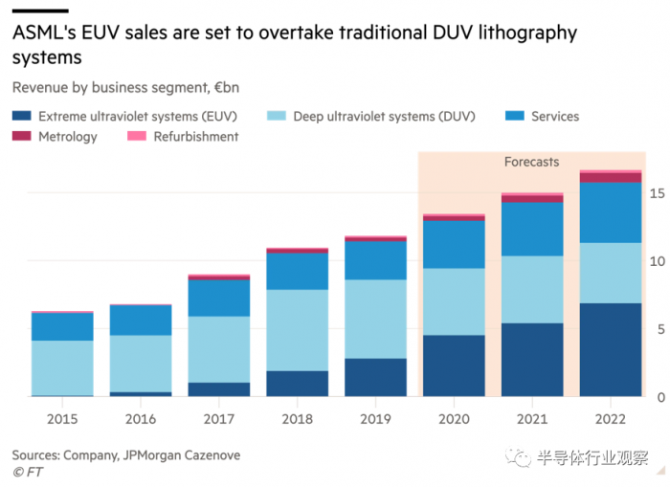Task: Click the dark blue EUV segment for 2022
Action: pos(610,349)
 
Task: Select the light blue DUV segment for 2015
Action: pos(62,367)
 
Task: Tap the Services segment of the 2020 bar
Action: pos(454,244)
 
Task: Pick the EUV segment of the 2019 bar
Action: pos(375,377)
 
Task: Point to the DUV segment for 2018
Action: pos(297,330)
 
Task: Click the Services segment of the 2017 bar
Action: pos(218,298)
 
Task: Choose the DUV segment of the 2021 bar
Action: pos(532,289)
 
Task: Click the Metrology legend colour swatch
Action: pos(21,137)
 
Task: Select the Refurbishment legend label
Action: pos(196,137)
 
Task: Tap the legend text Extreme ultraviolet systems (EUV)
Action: pos(138,117)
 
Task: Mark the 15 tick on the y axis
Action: pos(656,193)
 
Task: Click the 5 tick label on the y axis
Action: pos(656,329)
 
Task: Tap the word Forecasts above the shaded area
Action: pos(531,163)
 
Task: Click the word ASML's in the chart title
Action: pos(45,33)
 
